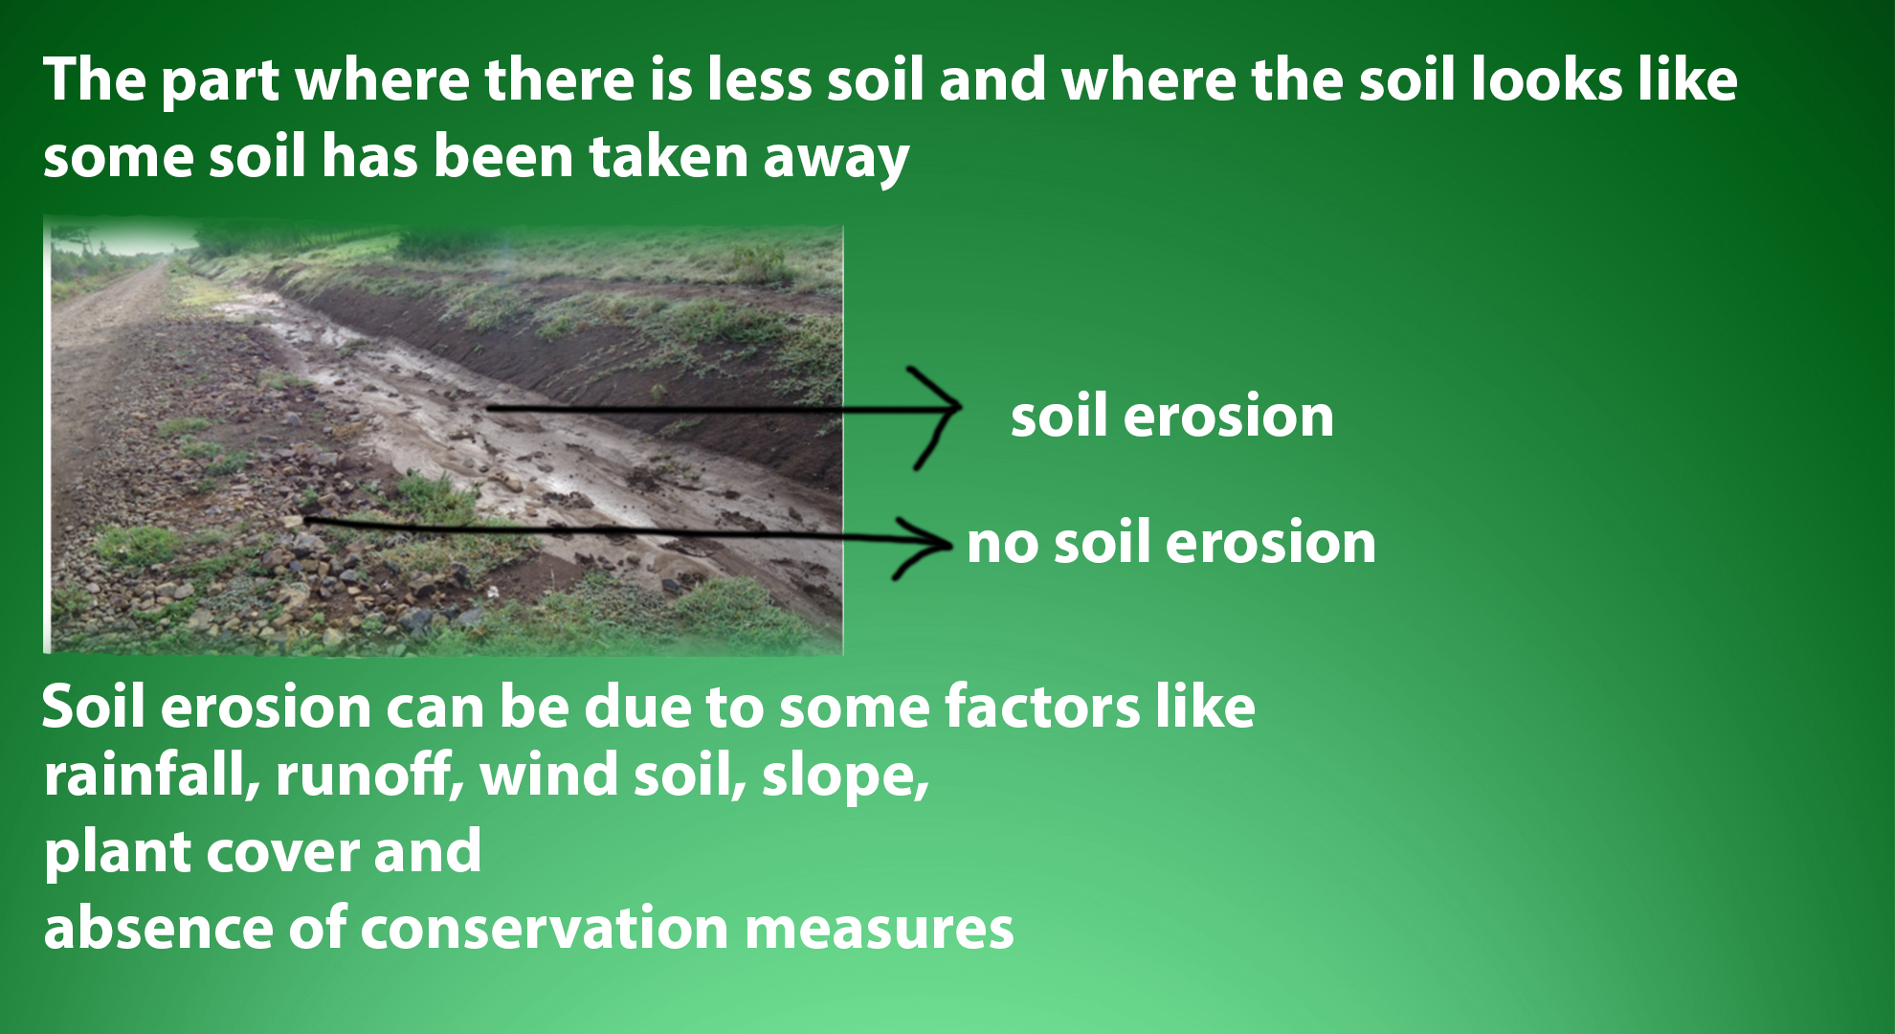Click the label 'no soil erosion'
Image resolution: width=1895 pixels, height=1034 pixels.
(x=1171, y=542)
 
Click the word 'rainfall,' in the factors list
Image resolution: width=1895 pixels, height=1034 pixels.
(x=152, y=775)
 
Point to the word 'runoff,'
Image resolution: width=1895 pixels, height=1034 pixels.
(x=370, y=775)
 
